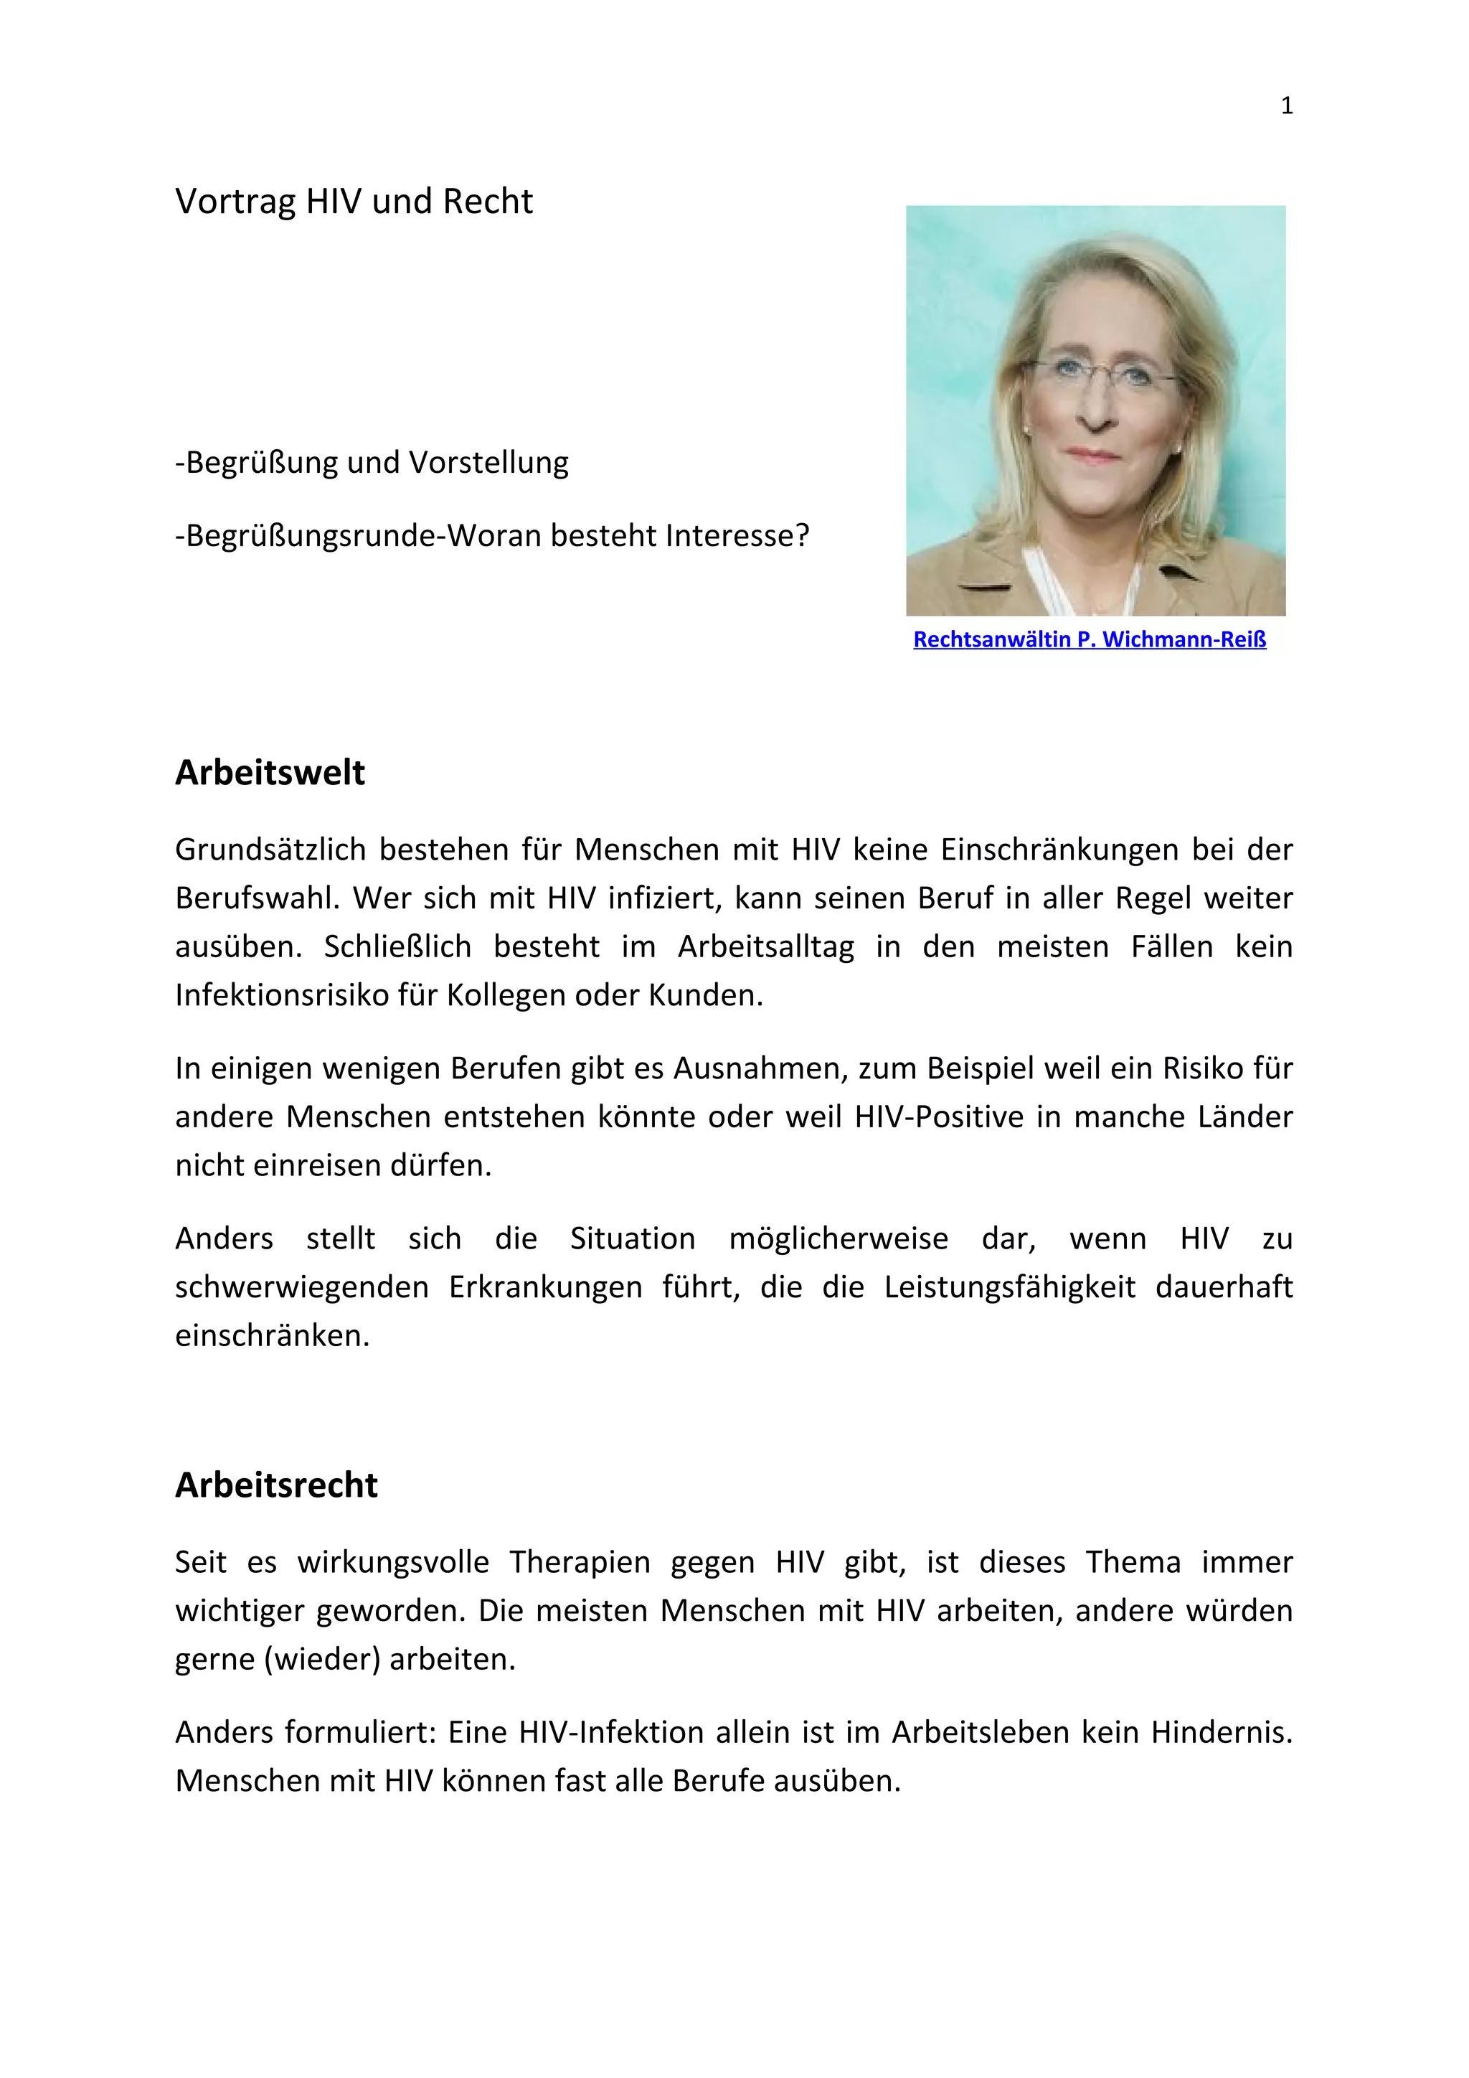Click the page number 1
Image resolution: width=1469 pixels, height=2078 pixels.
point(1286,106)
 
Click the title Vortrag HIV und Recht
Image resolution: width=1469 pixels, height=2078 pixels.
point(354,201)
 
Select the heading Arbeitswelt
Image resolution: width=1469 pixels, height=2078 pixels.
point(270,772)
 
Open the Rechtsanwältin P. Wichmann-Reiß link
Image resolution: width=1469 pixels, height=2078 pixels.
point(1089,639)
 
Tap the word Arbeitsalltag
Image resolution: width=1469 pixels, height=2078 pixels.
point(765,946)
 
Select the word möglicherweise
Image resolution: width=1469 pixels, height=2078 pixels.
point(839,1238)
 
